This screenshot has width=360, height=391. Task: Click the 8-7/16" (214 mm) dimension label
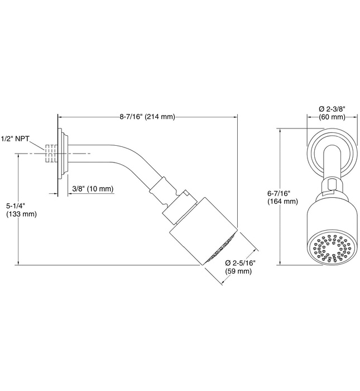point(147,117)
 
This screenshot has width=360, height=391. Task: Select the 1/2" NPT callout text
point(15,137)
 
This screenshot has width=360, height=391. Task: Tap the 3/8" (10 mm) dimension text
point(92,189)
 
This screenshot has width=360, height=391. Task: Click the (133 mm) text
point(21,214)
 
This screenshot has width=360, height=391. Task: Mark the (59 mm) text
point(239,271)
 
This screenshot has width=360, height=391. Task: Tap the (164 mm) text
point(282,202)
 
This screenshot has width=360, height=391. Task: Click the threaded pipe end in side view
point(51,152)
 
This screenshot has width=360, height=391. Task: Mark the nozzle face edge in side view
point(223,249)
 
